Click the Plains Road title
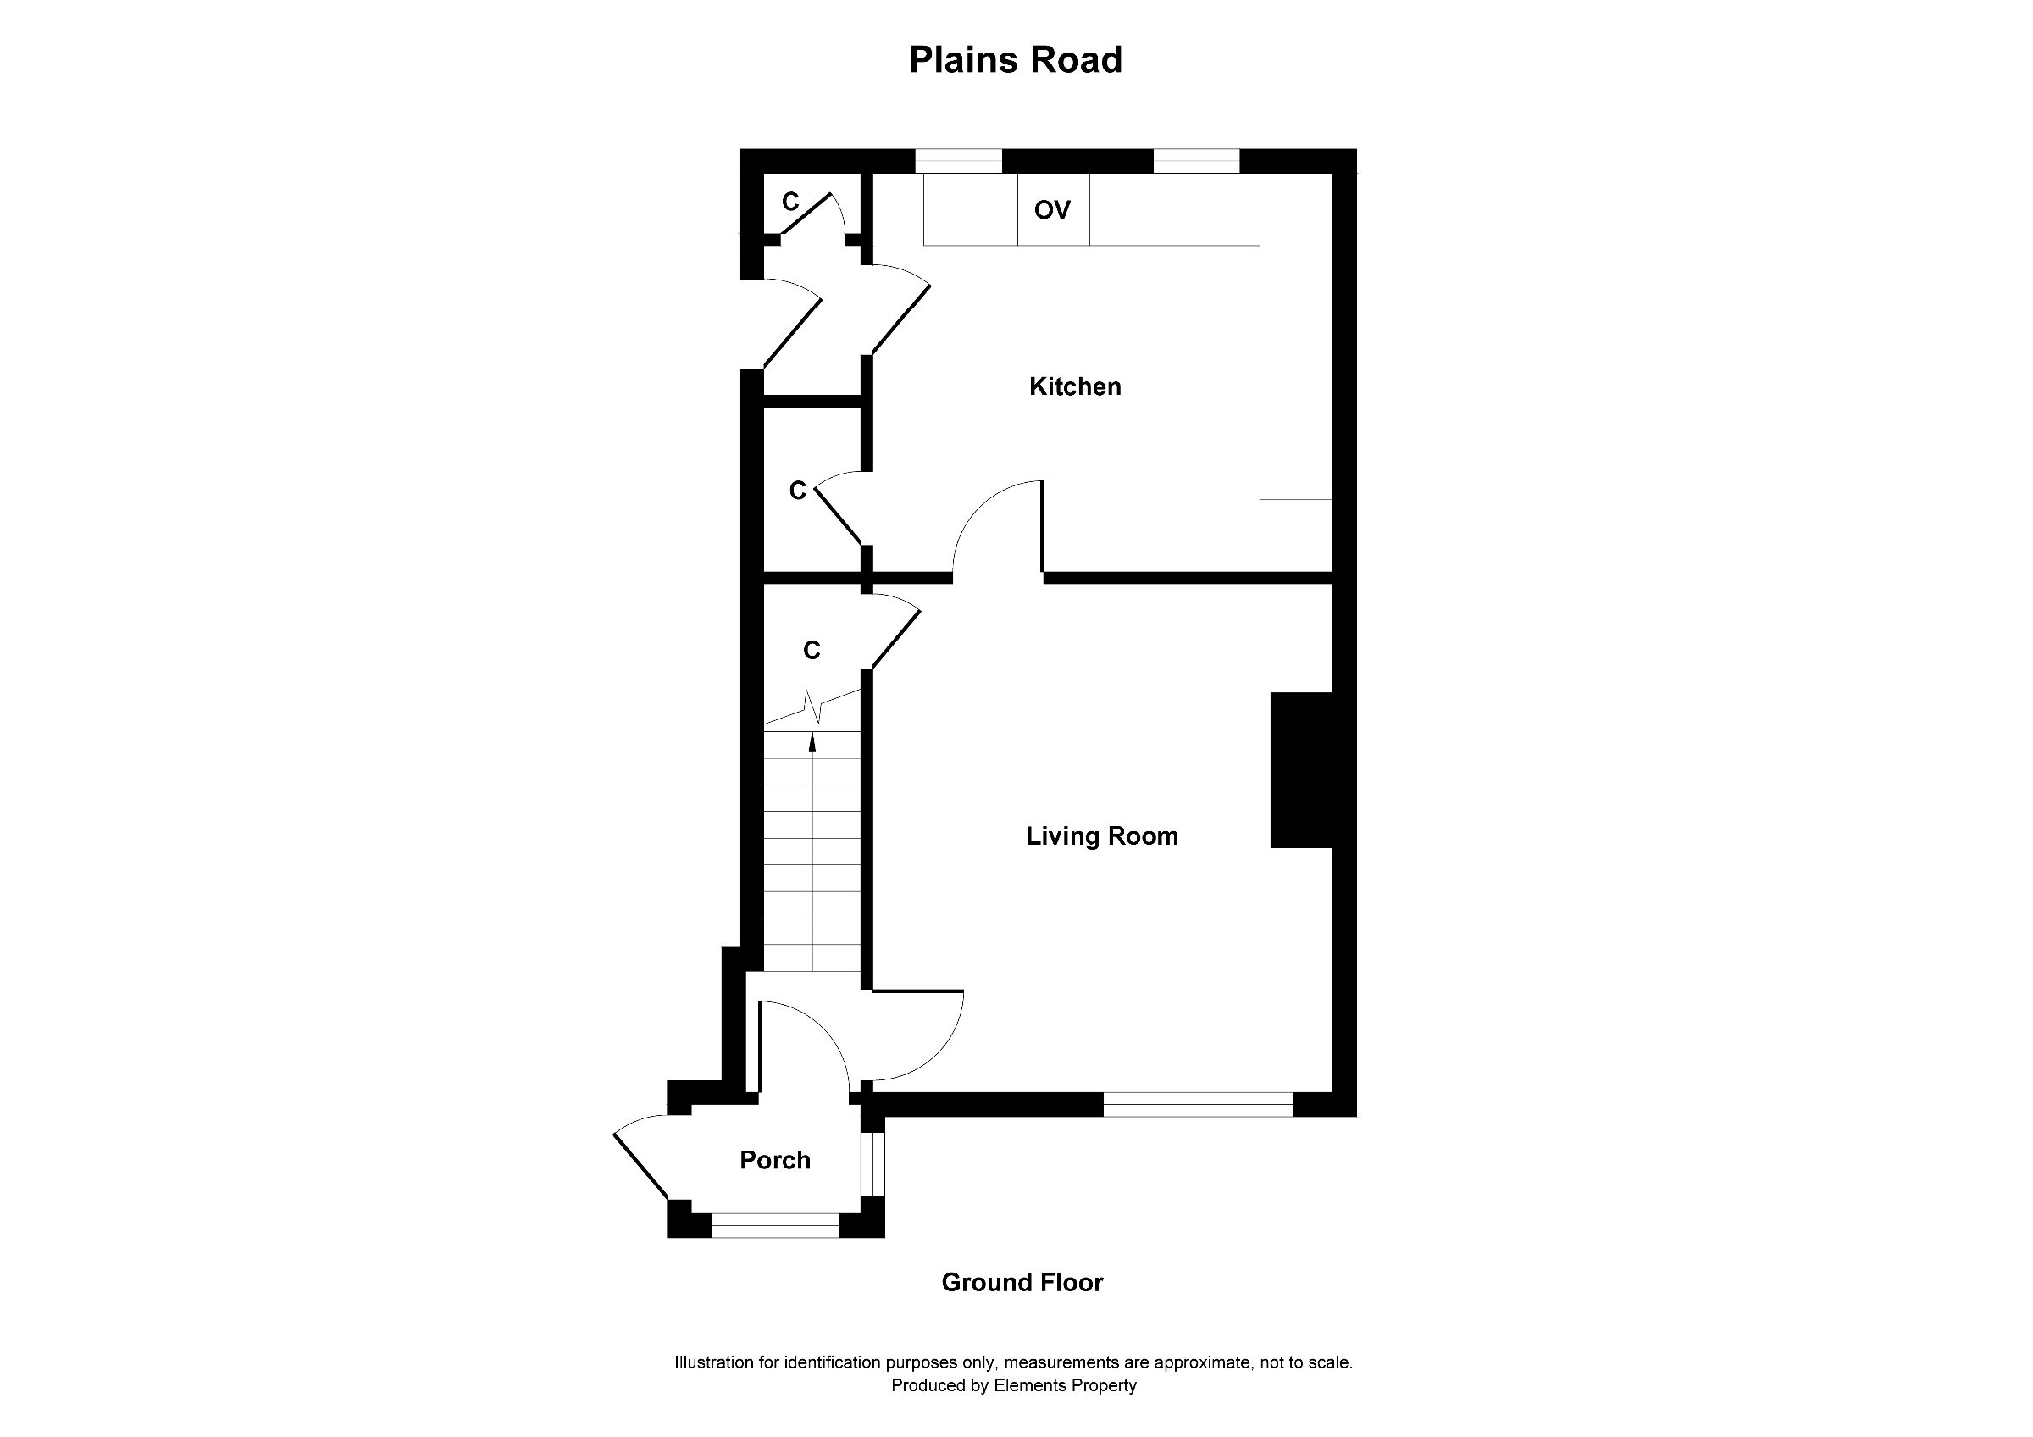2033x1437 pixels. (x=1016, y=60)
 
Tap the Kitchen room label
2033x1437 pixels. (x=1075, y=387)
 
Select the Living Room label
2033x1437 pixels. (x=1101, y=837)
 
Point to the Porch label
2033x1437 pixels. (x=775, y=1161)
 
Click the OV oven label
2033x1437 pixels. (x=1052, y=210)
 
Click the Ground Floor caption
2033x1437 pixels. (x=1022, y=1283)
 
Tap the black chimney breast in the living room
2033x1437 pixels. (x=1301, y=770)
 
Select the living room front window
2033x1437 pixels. (x=1198, y=1104)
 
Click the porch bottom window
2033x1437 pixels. (x=776, y=1225)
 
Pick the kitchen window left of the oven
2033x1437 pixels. (x=958, y=161)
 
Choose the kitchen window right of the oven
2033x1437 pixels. (x=1196, y=161)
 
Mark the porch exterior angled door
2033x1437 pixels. (x=640, y=1163)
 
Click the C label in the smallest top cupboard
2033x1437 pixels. (x=790, y=203)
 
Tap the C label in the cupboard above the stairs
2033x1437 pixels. (x=811, y=651)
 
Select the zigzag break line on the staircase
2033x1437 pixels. (x=813, y=707)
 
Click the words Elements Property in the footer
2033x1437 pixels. (x=1064, y=1385)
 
